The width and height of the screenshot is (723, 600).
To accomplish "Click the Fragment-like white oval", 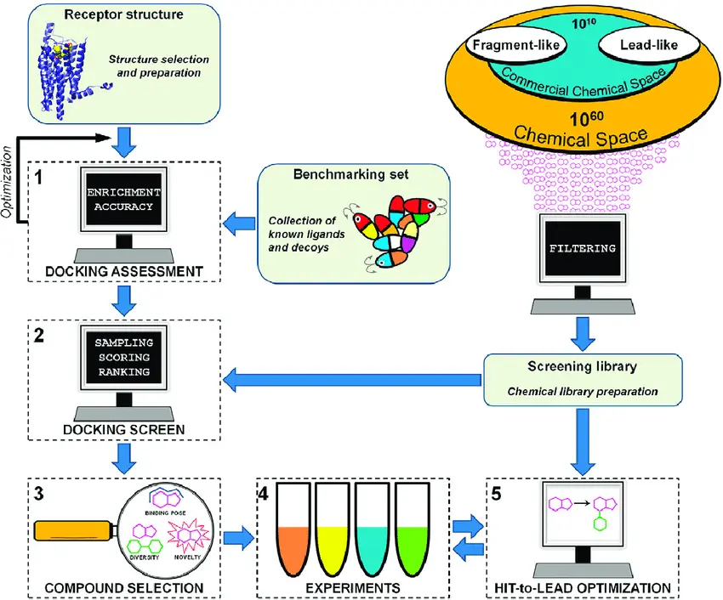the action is (516, 45).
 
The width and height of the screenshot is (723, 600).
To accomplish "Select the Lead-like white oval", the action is (649, 45).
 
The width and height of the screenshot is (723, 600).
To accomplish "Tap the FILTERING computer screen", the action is (583, 248).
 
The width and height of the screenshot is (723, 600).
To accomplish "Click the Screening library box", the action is (583, 380).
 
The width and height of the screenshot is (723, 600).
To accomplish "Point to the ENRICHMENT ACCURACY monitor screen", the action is (124, 200).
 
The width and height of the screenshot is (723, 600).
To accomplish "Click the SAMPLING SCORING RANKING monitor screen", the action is (124, 357).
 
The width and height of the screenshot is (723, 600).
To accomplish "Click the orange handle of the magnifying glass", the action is (74, 530).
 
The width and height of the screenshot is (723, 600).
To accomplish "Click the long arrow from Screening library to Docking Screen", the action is (352, 380).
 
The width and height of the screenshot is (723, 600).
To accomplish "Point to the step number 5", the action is (496, 494).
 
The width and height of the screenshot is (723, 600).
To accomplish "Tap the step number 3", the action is (39, 494).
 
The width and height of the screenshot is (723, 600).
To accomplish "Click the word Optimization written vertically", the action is (7, 182).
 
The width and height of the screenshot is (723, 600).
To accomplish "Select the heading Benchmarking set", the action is (351, 174).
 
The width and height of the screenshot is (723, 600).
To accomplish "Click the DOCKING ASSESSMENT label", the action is (124, 271).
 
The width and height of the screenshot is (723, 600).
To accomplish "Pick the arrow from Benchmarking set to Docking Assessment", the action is (239, 224).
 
